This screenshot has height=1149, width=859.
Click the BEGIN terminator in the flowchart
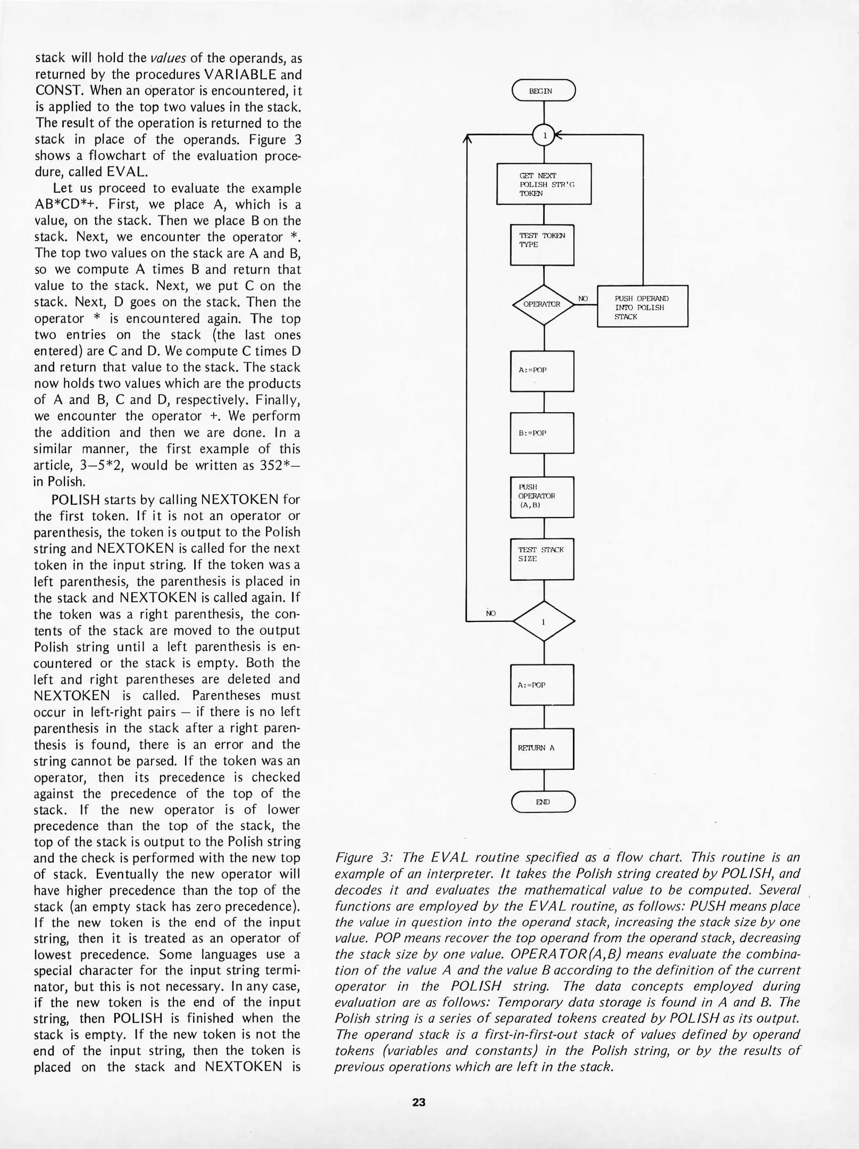(x=543, y=90)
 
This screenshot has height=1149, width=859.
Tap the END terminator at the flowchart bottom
(x=543, y=802)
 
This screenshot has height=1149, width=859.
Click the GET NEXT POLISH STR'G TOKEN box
(x=543, y=184)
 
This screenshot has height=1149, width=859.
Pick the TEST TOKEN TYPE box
(x=542, y=245)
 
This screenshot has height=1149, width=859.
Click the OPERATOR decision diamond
(x=543, y=305)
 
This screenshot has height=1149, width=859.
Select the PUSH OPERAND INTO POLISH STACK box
(x=642, y=307)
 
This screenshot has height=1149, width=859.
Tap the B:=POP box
(x=542, y=433)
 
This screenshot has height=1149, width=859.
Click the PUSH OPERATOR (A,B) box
(x=542, y=496)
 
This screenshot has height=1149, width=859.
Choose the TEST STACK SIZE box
(x=542, y=559)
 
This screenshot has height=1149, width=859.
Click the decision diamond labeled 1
(x=543, y=621)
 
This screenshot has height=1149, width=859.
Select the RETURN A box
(x=542, y=748)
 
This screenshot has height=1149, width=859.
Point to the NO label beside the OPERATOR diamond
(x=583, y=299)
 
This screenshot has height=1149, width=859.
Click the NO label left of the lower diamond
(x=491, y=613)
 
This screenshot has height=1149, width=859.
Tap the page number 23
(x=419, y=1102)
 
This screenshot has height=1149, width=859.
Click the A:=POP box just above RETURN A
(x=542, y=685)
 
